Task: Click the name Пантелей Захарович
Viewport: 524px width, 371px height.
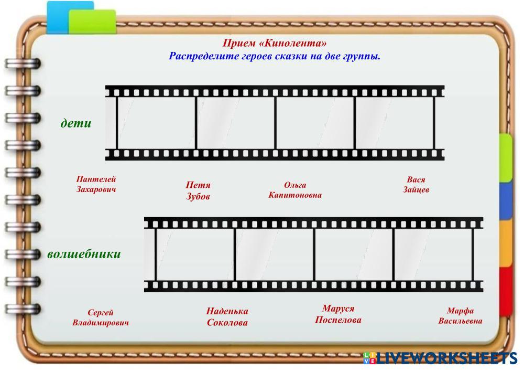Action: coord(96,184)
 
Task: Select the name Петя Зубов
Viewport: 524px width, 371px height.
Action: coord(198,191)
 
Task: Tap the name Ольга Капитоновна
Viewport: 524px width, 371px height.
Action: coord(295,190)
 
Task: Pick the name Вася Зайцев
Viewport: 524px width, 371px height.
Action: coord(416,185)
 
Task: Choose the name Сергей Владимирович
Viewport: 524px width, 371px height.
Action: coord(101,317)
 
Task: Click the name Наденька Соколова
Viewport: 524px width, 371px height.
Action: coord(227,317)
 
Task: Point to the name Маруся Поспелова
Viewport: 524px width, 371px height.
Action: coord(338,314)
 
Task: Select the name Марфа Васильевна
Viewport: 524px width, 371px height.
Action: coord(460,316)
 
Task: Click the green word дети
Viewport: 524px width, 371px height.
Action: coord(76,123)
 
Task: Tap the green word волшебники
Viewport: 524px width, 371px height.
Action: coord(84,254)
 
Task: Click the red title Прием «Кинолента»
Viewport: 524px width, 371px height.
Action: coord(275,44)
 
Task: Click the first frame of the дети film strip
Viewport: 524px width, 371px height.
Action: coord(156,123)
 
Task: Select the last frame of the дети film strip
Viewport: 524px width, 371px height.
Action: coord(395,123)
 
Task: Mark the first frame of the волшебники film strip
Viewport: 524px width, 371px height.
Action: coord(195,255)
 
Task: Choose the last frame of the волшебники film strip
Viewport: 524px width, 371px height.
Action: coord(433,255)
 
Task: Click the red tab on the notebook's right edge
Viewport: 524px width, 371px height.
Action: coord(506,291)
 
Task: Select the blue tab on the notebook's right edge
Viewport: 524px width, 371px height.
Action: coord(506,200)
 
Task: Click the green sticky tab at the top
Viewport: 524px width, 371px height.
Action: coord(92,21)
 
